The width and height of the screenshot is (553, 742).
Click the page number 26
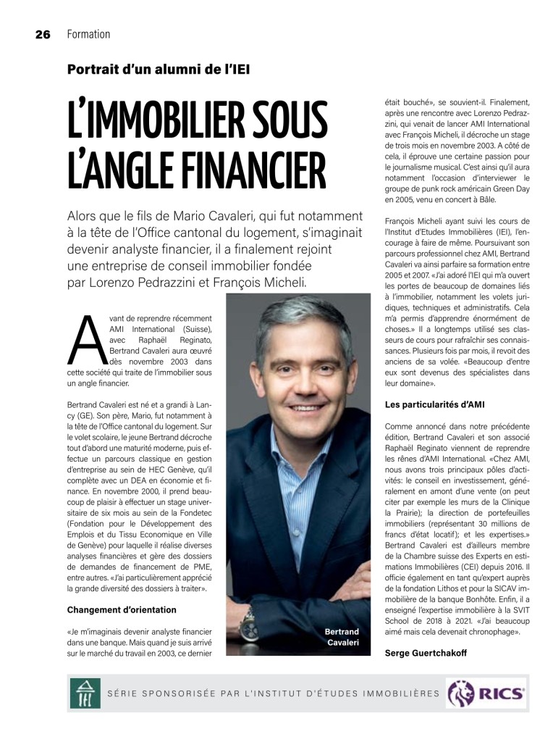(x=42, y=34)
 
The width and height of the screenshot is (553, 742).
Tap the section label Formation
(x=88, y=34)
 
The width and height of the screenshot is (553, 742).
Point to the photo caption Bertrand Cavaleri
(x=342, y=637)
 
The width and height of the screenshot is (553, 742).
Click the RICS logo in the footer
(x=486, y=693)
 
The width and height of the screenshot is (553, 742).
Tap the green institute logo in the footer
(x=85, y=693)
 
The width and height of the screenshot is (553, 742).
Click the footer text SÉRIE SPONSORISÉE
(x=166, y=693)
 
